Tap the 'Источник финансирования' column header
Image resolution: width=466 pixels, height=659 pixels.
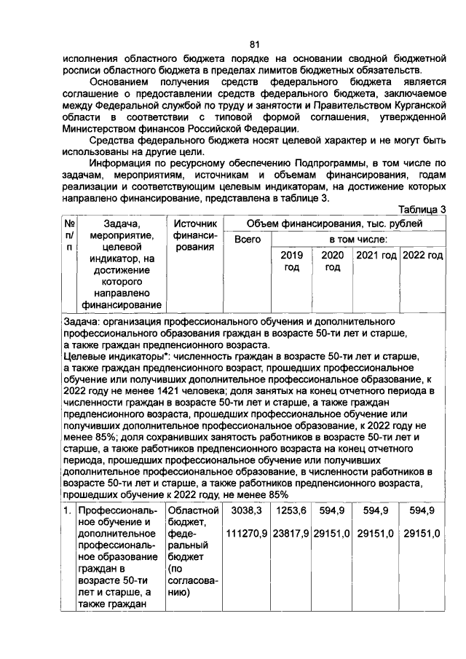pyautogui.click(x=193, y=235)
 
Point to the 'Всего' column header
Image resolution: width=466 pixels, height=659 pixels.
pyautogui.click(x=247, y=240)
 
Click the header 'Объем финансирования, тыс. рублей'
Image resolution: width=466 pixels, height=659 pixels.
pyautogui.click(x=334, y=224)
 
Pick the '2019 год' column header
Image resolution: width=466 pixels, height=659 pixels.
pyautogui.click(x=291, y=261)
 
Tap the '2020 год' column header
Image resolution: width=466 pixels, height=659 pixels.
pyautogui.click(x=333, y=261)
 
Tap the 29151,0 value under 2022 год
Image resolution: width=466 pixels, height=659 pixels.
pyautogui.click(x=423, y=534)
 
